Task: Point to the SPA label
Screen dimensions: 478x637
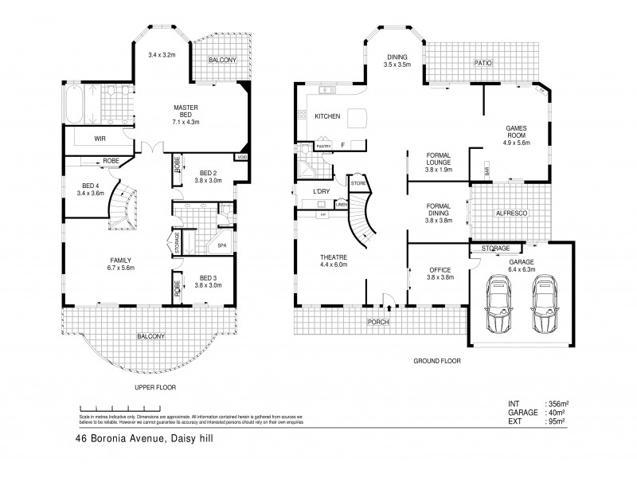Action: pyautogui.click(x=221, y=245)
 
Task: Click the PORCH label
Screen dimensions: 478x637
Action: pyautogui.click(x=377, y=323)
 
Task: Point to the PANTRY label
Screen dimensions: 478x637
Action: pyautogui.click(x=323, y=147)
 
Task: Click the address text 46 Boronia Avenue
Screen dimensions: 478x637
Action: pyautogui.click(x=111, y=438)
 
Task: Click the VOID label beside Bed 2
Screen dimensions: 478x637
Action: pyautogui.click(x=240, y=158)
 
